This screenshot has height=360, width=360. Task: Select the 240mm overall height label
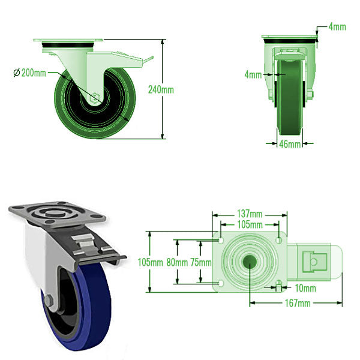[161, 89]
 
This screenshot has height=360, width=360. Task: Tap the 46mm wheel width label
[290, 145]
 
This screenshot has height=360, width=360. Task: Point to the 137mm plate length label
[249, 214]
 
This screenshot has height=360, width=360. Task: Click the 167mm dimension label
[297, 304]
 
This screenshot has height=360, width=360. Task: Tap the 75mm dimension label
[200, 262]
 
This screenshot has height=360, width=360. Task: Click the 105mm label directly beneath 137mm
[249, 224]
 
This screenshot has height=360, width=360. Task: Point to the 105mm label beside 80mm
[150, 262]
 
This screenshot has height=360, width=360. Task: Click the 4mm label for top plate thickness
[337, 27]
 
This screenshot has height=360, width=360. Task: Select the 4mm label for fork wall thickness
[253, 75]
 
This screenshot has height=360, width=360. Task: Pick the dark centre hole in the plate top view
[248, 262]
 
